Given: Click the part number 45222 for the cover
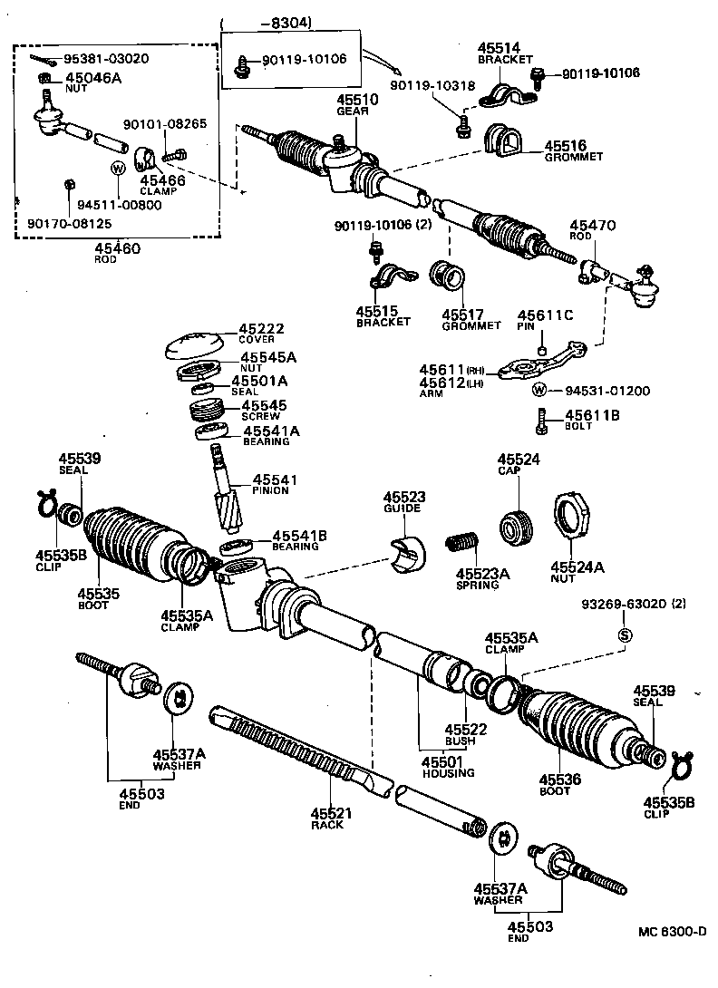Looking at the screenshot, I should [x=261, y=328].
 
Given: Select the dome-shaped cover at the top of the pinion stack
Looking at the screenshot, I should [x=195, y=346].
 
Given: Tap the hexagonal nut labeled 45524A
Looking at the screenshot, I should [x=572, y=518].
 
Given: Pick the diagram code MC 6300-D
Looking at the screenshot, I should [x=669, y=932].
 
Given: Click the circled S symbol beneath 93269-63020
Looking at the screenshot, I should [x=624, y=634].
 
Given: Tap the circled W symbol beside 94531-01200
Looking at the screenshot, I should [x=539, y=391].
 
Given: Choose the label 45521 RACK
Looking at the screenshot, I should [x=331, y=819].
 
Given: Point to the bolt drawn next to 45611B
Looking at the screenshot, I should [x=542, y=420].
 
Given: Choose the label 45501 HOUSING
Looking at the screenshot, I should [x=448, y=767].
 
